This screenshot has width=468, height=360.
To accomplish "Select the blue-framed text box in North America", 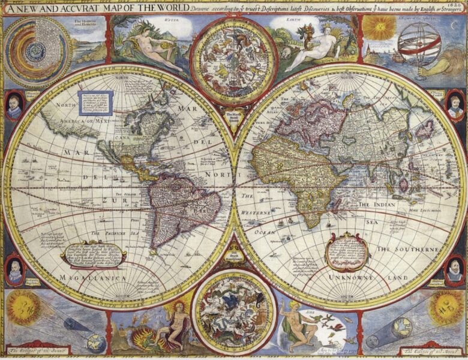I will point(95,103).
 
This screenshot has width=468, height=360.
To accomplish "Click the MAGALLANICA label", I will point(93,278).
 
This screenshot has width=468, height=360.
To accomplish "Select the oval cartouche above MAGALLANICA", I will point(93,255).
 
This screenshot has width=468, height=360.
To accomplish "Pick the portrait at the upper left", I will point(14,106).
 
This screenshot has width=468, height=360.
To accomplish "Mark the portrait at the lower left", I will point(14,271).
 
